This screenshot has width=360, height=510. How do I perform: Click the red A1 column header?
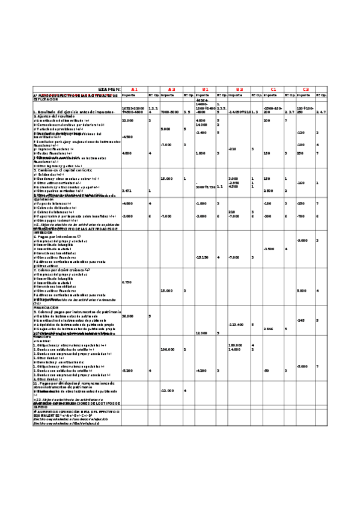pos(135,89)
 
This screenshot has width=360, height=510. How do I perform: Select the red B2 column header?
pos(239,89)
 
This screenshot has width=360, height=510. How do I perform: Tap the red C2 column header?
pos(306,89)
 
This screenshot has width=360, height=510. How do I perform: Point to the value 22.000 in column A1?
pos(127,120)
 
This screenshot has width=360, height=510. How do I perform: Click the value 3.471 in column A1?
pos(127,191)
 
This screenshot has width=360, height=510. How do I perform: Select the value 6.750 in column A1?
pos(127,281)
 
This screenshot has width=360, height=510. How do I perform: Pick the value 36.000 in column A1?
pos(127,316)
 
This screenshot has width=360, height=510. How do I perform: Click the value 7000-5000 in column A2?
pos(169,112)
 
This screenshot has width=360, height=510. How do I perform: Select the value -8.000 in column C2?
pos(303,366)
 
